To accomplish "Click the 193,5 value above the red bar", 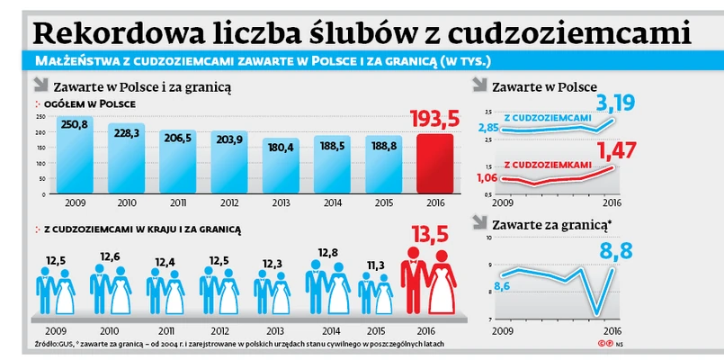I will pos(434,120).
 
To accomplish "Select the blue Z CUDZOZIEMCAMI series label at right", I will pos(547,117).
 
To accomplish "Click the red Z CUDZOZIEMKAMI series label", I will pos(547,165).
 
